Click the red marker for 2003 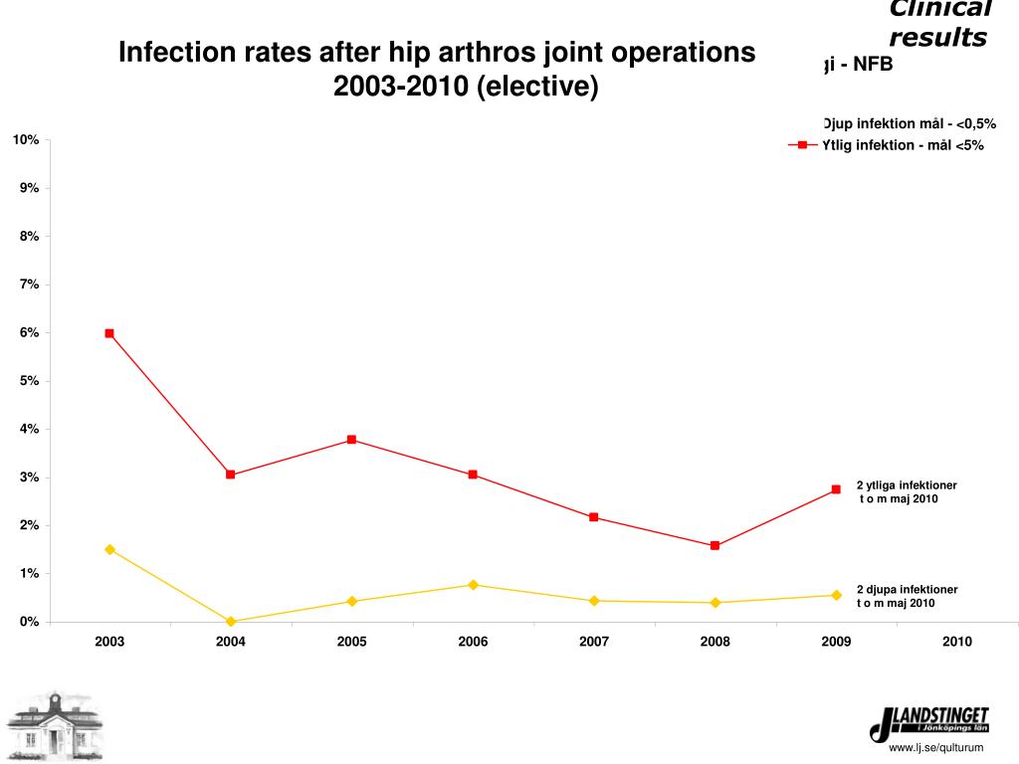click(109, 333)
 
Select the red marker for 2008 click(714, 545)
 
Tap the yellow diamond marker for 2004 click(231, 621)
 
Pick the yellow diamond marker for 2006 click(473, 585)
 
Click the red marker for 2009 click(836, 489)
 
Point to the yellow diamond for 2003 click(109, 549)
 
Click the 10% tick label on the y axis click(26, 139)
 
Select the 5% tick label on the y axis click(29, 381)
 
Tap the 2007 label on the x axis click(594, 642)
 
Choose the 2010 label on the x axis click(957, 642)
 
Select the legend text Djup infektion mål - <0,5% click(909, 123)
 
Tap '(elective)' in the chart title click(537, 88)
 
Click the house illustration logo click(54, 726)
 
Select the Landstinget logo click(929, 723)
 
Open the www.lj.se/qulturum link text click(935, 748)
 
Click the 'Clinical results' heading click(938, 24)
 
